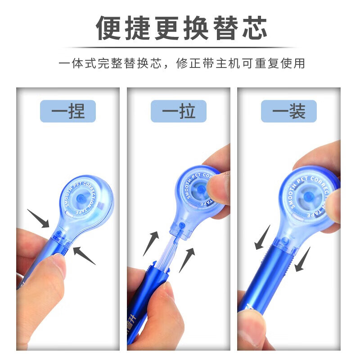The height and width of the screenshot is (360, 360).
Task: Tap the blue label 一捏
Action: coord(67,111)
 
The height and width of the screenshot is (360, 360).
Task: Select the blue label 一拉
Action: coord(179,111)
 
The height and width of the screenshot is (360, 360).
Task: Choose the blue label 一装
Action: coord(289,111)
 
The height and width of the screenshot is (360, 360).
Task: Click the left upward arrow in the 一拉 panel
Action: coord(151,243)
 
